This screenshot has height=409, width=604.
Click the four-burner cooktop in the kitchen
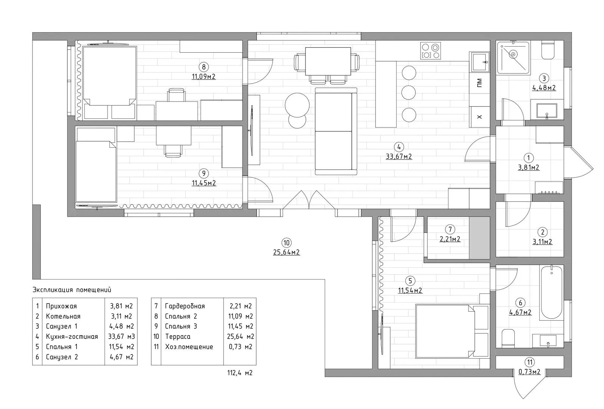click(x=430, y=51)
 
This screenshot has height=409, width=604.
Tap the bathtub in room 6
click(x=552, y=292)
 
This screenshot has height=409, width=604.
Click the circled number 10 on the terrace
click(x=286, y=243)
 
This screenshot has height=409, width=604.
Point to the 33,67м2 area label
click(x=399, y=156)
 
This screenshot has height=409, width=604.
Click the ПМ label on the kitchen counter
click(x=479, y=83)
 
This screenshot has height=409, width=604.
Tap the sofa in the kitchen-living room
click(x=336, y=131)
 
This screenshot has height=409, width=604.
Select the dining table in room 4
click(x=328, y=61)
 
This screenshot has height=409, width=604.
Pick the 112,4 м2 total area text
click(x=240, y=373)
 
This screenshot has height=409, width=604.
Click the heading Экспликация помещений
click(x=72, y=290)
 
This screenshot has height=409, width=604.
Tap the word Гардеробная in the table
click(x=185, y=306)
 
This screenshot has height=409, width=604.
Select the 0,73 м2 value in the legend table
click(x=241, y=347)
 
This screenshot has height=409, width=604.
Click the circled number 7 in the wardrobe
click(x=450, y=229)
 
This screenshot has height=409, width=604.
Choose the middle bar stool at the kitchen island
click(x=408, y=93)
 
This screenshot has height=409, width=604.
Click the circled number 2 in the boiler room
click(x=543, y=232)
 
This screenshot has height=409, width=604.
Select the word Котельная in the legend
click(x=63, y=317)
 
